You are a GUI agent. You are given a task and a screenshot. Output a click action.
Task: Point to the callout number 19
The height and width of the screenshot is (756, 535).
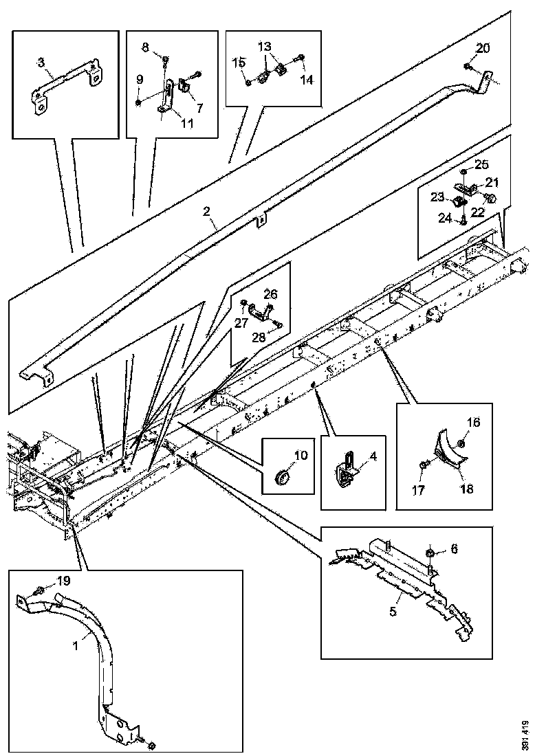click(63, 581)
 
